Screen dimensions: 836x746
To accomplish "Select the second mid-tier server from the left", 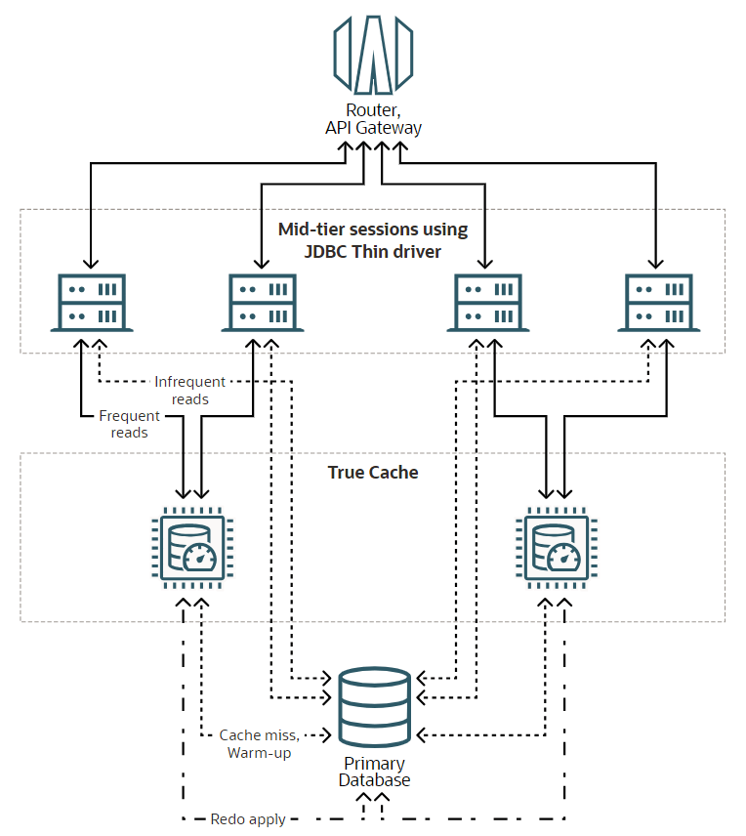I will coord(263,303).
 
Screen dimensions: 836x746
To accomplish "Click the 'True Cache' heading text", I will coord(373,473).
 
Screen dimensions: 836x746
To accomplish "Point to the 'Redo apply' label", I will coord(248,819).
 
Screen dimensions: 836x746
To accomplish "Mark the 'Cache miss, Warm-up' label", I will coord(259,743).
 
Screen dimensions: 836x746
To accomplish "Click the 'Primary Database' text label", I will coord(374,772).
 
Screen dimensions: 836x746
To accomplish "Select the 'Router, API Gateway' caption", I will coord(373,119).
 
